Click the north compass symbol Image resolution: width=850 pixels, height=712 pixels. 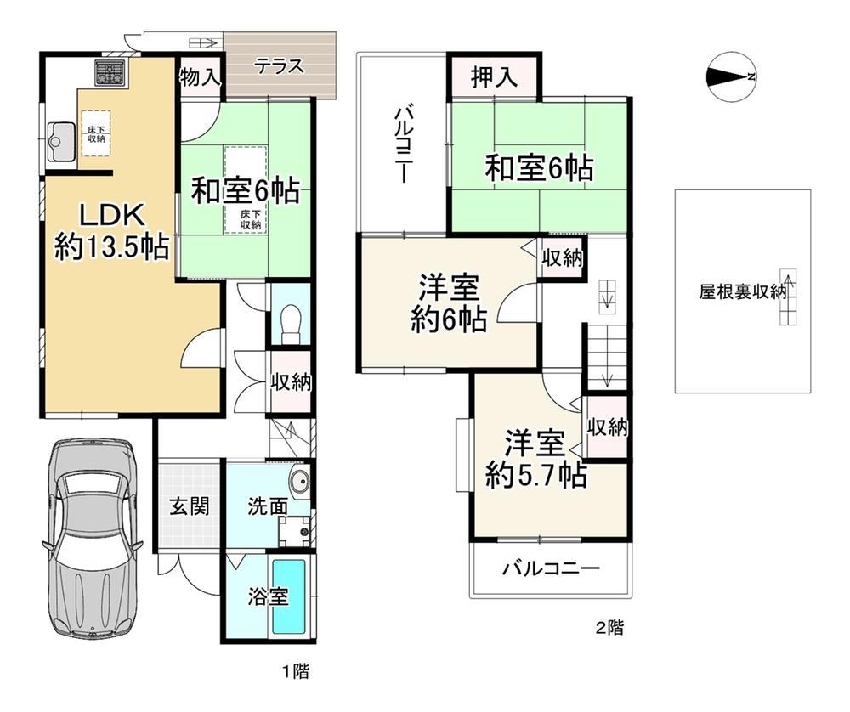(x=731, y=77)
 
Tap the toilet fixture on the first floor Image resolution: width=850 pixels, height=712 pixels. (x=291, y=324)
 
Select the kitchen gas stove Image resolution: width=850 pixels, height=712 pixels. (x=110, y=72)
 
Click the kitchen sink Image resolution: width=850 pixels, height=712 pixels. (x=61, y=141)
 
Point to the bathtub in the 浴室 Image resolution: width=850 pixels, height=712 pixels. (x=288, y=596)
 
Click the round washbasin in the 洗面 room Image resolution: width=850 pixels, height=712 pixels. (x=299, y=479)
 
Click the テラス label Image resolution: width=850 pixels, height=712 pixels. (x=279, y=66)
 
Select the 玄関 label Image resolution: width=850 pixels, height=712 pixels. (x=190, y=506)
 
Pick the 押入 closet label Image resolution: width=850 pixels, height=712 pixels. (x=494, y=76)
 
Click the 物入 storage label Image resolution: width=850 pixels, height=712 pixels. (x=201, y=77)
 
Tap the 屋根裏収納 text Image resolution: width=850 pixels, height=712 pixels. (x=742, y=292)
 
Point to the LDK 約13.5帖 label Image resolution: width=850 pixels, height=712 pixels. (x=112, y=231)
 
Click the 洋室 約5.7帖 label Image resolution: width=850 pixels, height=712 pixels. (x=536, y=459)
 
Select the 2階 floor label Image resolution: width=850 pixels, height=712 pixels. (x=609, y=628)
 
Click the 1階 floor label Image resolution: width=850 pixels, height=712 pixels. (x=296, y=672)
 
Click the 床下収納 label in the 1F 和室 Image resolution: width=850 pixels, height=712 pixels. (x=251, y=219)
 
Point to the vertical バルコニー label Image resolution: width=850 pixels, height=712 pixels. (x=402, y=145)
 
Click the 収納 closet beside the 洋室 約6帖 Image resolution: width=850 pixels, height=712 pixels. (x=563, y=258)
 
